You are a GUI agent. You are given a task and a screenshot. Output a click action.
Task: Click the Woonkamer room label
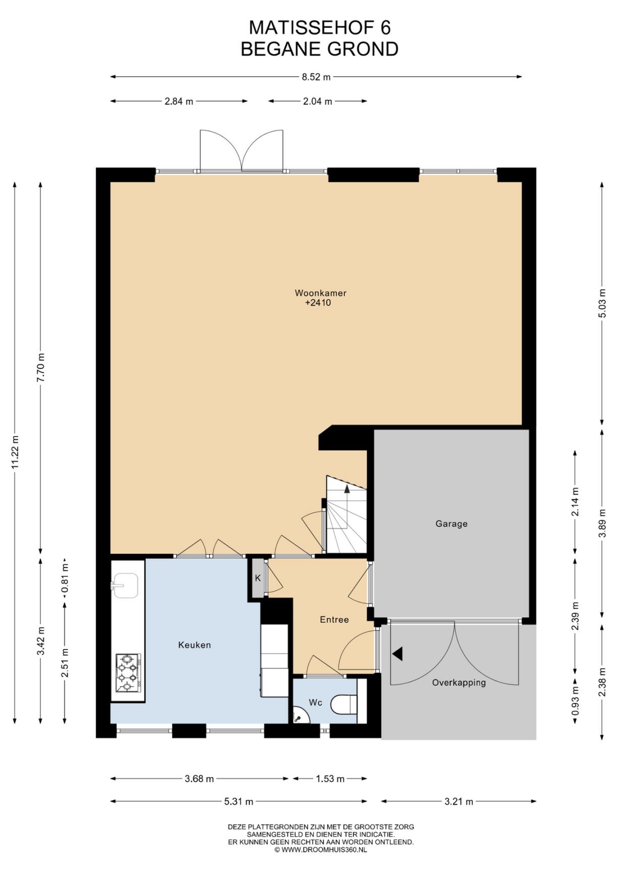point(321,293)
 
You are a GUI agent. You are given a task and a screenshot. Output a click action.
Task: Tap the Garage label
point(451,524)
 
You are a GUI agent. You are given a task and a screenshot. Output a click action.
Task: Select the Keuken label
point(194,645)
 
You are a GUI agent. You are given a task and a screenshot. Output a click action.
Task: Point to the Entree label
point(334,620)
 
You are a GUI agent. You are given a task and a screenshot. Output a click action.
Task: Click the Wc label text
point(316,702)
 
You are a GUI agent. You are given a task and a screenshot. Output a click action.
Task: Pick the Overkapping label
point(459,683)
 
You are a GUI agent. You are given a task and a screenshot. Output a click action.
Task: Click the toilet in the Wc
point(344,704)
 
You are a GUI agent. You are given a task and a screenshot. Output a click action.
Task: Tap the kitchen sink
point(125,586)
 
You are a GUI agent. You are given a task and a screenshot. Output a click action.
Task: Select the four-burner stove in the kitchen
point(128,673)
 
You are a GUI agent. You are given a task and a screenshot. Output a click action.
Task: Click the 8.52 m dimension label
point(316,77)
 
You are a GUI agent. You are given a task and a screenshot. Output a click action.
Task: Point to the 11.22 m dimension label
point(15,452)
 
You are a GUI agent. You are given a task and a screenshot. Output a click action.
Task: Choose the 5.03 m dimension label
point(602,303)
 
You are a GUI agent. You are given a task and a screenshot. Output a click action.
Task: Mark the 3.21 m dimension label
point(459,801)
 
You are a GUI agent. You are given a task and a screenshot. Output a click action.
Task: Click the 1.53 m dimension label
point(330,779)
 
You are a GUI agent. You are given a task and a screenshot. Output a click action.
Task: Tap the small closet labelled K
point(258,578)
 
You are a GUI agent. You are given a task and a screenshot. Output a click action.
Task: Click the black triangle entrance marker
point(397,654)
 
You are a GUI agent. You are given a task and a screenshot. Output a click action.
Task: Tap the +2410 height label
point(318,303)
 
